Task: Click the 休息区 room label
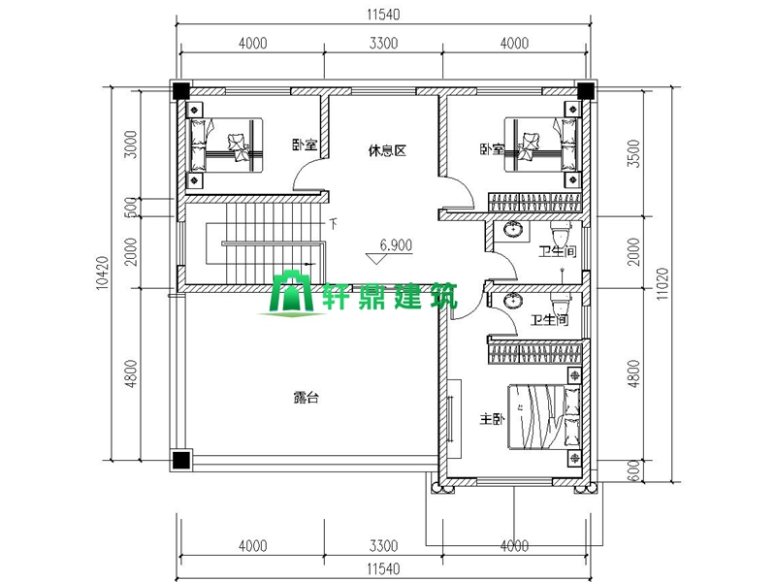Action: [x=387, y=150]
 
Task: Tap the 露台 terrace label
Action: [x=307, y=398]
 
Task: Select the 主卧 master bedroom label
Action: [x=492, y=419]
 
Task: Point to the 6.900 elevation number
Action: [x=396, y=245]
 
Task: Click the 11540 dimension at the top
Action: [x=383, y=15]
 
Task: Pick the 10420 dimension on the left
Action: [x=102, y=273]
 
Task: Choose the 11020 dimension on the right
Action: [x=663, y=283]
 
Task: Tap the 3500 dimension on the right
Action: [x=634, y=154]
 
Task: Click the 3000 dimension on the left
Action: [x=131, y=144]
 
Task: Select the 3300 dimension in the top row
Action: [x=383, y=44]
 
